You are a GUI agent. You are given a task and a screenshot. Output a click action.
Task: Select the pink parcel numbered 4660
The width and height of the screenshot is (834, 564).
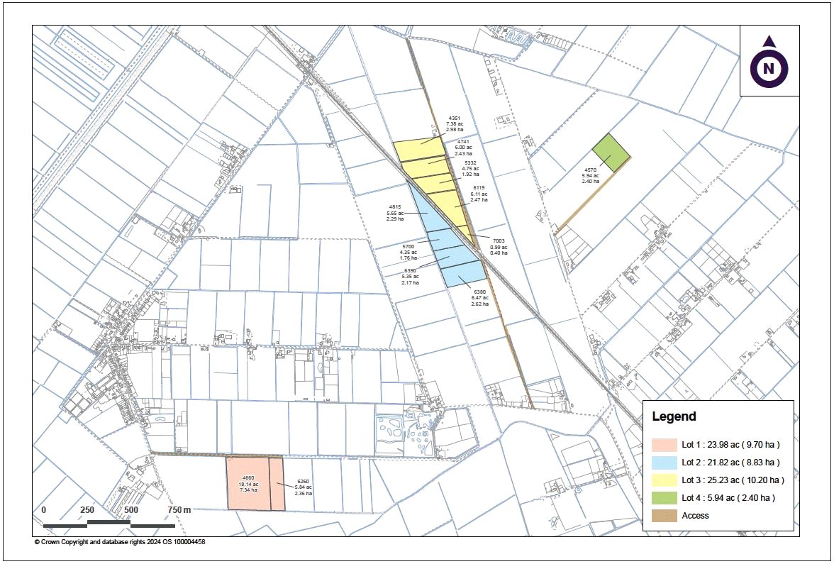coord(248,484)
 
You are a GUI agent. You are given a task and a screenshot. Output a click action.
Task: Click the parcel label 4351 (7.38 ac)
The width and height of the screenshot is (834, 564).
coord(455,124)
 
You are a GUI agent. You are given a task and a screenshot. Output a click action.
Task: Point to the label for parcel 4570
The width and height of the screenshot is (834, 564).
coord(591,175)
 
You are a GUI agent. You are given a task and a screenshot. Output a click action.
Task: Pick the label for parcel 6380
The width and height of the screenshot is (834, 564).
coord(480,297)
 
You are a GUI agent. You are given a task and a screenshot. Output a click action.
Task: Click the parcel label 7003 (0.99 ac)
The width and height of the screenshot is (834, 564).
coord(499,247)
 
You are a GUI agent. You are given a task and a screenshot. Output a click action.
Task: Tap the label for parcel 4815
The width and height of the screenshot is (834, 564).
coord(395,213)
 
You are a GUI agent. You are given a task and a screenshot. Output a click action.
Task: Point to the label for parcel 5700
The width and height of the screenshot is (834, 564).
coord(408,252)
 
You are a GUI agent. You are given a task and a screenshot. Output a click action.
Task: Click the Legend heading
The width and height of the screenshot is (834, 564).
coord(674,417)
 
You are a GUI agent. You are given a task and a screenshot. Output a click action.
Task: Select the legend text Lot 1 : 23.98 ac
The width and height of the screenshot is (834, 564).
coord(730,444)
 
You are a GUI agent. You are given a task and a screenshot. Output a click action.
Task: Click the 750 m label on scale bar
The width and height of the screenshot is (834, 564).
coord(179,510)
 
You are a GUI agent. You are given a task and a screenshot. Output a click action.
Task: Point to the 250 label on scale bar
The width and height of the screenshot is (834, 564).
coord(87,510)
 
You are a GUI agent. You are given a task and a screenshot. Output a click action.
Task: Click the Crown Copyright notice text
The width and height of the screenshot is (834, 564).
coord(120,542)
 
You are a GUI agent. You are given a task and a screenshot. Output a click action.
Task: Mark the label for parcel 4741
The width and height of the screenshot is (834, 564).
coord(464,148)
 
